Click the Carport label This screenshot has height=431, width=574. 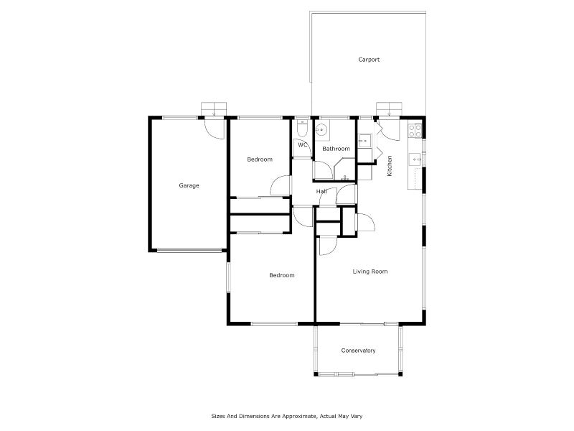369,60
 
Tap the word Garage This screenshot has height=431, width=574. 189,185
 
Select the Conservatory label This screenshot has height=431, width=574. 358,351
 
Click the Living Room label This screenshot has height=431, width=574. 370,272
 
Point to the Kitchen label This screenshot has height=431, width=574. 390,166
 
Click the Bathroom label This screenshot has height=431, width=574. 336,149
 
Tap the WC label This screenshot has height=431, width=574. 303,144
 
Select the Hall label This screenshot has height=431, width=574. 321,191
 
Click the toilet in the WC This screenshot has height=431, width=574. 302,130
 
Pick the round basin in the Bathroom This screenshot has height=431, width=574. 322,130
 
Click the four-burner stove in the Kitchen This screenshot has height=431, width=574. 414,130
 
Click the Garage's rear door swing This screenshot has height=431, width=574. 212,127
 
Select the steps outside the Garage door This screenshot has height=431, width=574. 213,108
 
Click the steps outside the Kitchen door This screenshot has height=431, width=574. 388,108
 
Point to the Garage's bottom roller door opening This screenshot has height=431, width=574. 189,250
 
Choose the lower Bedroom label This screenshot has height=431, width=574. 281,275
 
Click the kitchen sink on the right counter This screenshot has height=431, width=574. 414,158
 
